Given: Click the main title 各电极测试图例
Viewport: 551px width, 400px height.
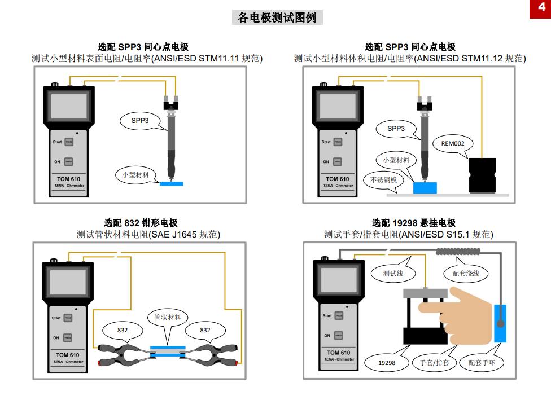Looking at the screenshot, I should pos(277,17).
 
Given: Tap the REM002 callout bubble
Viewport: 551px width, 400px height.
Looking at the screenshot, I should pos(452,143).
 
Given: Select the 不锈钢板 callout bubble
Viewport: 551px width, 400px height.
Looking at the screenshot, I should pos(383,180).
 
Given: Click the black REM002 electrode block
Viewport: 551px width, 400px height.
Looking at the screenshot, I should pos(483,175).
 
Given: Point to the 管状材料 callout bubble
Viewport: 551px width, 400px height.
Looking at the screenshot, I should pos(168,318).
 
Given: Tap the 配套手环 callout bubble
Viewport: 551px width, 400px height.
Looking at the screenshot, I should pos(482,363).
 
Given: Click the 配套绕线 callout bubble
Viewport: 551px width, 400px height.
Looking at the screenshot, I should pos(466,274).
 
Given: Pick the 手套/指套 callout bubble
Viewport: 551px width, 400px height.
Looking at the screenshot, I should pos(434,363).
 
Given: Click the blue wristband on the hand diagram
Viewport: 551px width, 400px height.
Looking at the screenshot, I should pos(500,323).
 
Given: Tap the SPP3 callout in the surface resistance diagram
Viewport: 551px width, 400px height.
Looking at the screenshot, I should pos(139,120).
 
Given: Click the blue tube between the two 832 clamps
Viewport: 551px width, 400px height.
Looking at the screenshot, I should pos(168,350).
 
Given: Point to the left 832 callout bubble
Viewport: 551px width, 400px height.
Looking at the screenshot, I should pos(123,330).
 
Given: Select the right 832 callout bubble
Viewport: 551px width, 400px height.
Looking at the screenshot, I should pos(205,330).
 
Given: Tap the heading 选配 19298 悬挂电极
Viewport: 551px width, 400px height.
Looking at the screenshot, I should pos(413,223).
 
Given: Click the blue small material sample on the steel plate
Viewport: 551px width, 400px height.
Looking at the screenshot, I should pos(425,187).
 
